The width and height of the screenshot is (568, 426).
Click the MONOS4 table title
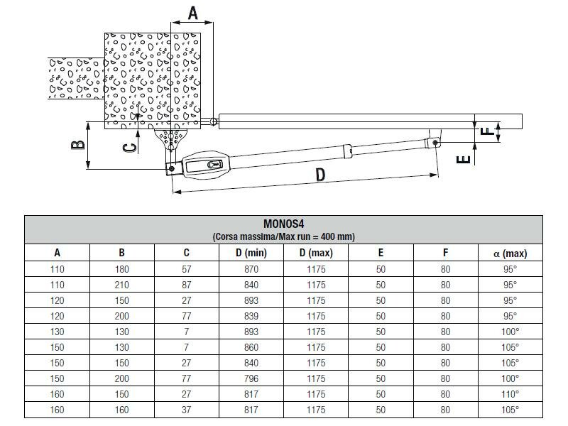coord(283,224)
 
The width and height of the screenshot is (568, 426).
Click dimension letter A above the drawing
coord(192,11)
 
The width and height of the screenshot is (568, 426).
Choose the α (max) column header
coord(510,253)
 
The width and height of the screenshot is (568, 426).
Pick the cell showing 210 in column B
coord(121,285)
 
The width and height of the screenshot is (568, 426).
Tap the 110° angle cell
coord(510,394)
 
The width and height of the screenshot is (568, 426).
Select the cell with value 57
coord(186,269)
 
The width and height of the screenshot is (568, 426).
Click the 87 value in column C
coord(186,285)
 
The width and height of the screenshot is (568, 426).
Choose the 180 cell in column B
coord(121,269)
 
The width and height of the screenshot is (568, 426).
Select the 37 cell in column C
coord(186,410)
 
